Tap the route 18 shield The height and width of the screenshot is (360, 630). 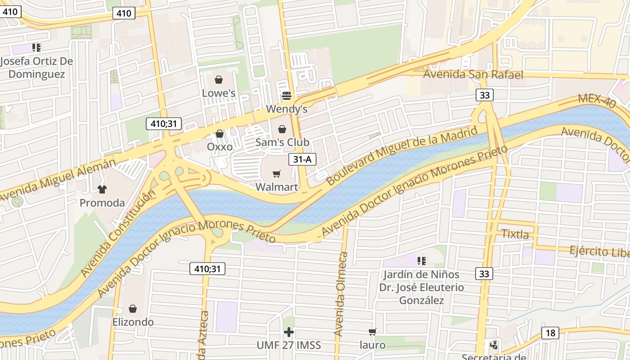[550, 333]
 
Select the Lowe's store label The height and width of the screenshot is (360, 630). [219, 93]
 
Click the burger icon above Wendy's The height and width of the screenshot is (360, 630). [287, 95]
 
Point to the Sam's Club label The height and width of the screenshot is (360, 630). [282, 142]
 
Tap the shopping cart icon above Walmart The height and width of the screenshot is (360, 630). [277, 174]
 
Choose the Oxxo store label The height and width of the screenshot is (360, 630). [220, 147]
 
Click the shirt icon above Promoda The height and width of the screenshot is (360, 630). [102, 189]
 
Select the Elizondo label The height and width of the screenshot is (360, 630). [133, 322]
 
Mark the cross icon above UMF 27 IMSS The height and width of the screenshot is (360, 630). [288, 332]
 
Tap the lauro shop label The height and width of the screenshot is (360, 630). [373, 345]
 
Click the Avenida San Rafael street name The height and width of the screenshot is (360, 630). [473, 74]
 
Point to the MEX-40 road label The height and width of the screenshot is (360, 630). [597, 101]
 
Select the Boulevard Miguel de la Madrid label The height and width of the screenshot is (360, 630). [401, 156]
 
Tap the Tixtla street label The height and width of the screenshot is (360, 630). [515, 234]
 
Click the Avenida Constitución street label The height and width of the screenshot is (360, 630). [118, 233]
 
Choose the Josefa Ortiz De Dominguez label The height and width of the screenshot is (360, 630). [37, 67]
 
